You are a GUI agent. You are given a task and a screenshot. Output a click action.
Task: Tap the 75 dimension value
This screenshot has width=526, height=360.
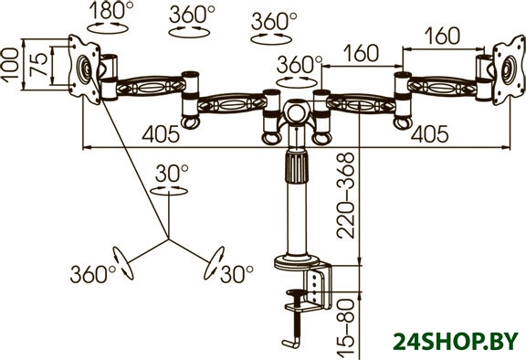(38, 65)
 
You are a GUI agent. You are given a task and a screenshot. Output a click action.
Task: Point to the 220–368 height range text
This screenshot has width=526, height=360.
(346, 196)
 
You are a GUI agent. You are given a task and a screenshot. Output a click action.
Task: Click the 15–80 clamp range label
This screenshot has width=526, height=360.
(346, 328)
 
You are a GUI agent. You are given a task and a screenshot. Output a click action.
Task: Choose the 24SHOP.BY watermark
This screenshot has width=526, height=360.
(456, 342)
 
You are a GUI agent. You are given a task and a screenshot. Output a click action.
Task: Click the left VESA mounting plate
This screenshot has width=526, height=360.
(84, 69)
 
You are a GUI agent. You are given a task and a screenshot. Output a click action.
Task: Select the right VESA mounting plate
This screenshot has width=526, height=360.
(509, 70)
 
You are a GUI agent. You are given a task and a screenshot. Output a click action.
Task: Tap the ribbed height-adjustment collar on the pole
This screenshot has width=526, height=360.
(296, 166)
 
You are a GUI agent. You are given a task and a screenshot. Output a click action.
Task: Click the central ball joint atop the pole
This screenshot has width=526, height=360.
(297, 112)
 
